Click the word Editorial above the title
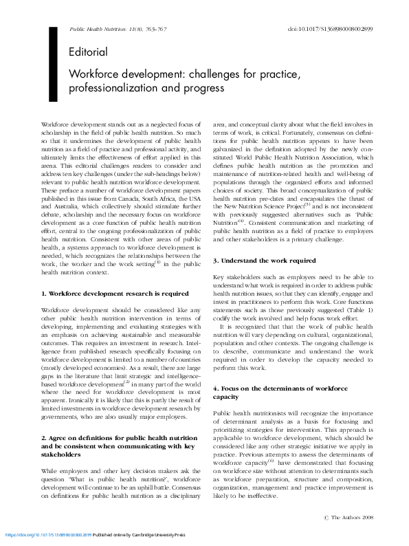point(88,52)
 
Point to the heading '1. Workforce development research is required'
point(115,294)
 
